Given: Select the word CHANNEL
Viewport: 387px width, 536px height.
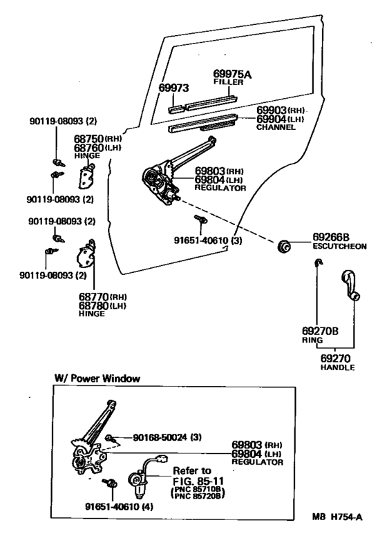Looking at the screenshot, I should click(276, 127).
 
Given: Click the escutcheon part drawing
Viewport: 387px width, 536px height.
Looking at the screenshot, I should click(283, 246).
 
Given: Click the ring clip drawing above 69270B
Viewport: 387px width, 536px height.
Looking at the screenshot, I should click(318, 262).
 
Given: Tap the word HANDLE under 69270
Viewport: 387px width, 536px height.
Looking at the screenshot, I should click(337, 367).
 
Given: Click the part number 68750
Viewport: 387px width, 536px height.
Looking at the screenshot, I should click(88, 138).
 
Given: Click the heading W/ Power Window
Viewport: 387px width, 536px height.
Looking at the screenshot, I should click(97, 379).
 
